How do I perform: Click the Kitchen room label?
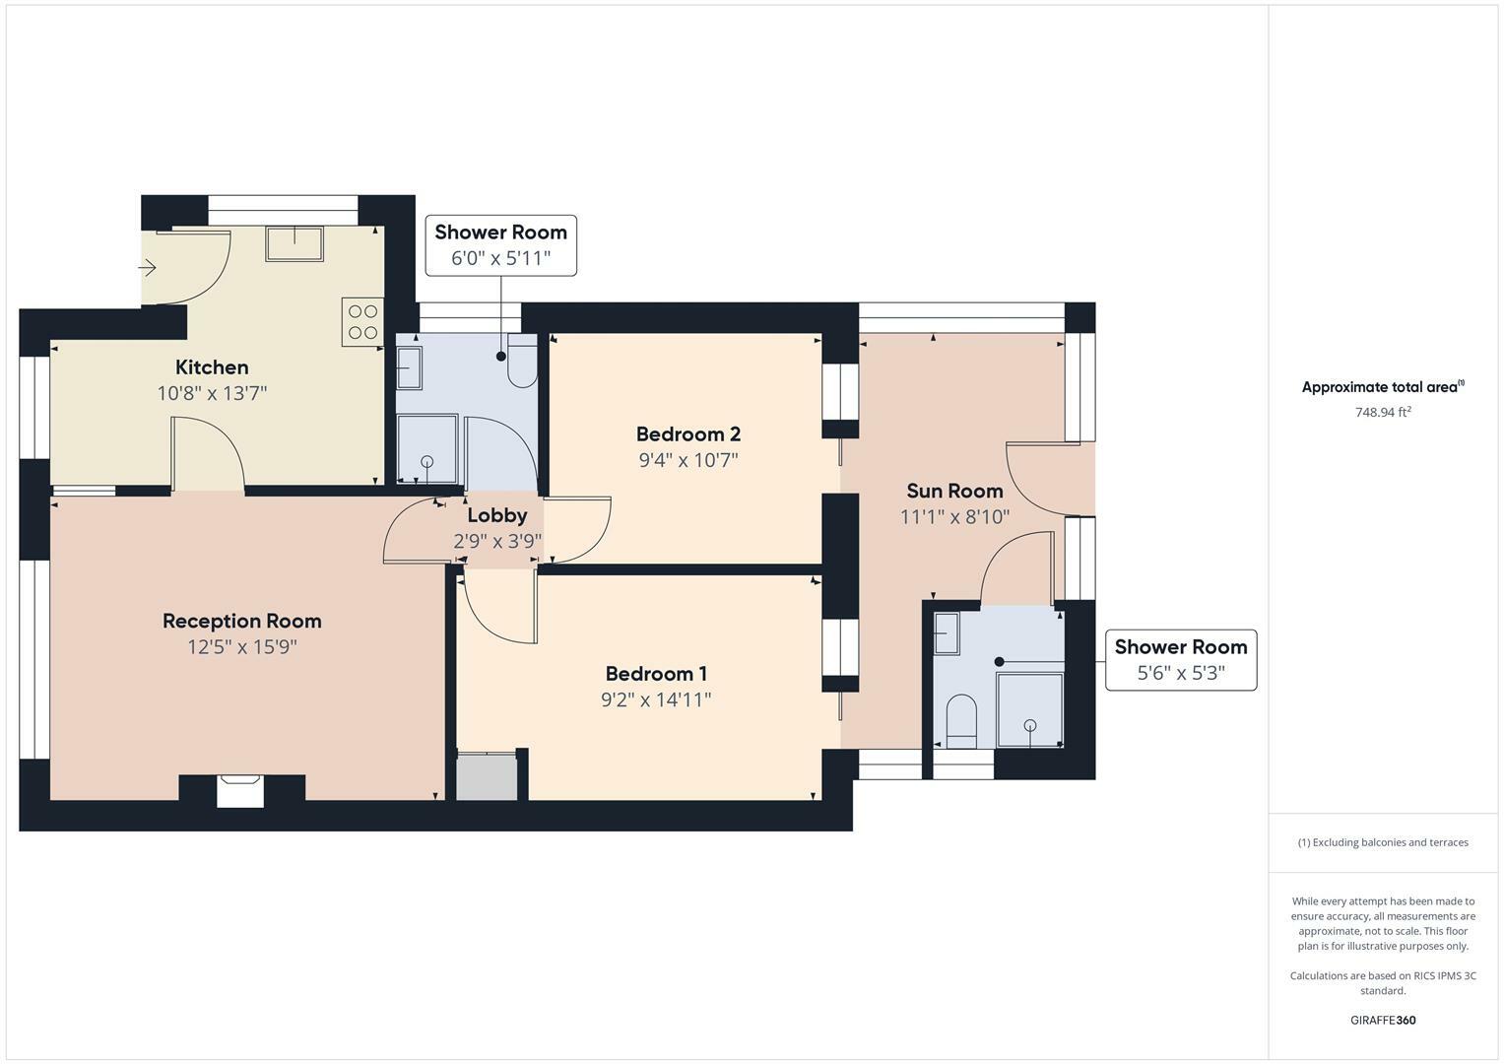point(212,367)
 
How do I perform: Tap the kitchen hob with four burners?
point(362,321)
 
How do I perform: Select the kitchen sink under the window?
point(294,242)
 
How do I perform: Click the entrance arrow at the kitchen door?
point(148,267)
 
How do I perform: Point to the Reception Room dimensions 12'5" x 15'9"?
point(242,647)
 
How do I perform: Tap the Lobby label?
point(496,515)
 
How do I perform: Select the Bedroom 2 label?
point(687,434)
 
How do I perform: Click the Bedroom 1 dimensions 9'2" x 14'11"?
point(656,700)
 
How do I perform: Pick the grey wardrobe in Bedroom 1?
point(487,777)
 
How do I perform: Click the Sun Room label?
point(953,491)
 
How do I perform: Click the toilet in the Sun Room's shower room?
point(960,721)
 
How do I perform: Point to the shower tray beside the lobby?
point(426,449)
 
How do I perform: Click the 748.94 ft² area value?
point(1383,413)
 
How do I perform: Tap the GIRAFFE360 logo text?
point(1383,1021)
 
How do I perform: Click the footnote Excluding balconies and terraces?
point(1383,842)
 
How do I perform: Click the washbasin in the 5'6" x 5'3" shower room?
point(947,632)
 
